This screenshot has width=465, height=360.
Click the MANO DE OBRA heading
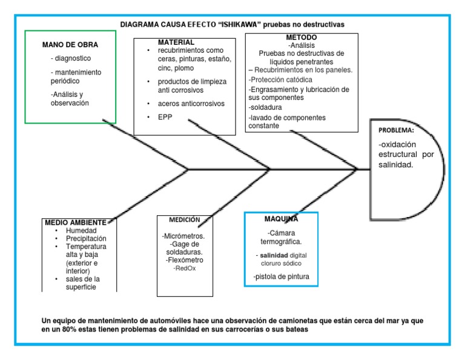pos(70,45)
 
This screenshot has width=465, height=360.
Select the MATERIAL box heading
pos(176,42)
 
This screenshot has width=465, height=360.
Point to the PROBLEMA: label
pos(396,130)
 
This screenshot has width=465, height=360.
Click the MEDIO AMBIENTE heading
pos(76,222)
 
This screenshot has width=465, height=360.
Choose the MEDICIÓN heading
pos(185,219)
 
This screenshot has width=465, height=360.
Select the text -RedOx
pos(185,267)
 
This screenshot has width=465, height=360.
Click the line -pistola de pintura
pos(282,277)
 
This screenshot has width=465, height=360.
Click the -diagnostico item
pos(71,59)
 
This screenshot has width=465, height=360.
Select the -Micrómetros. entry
pos(183,236)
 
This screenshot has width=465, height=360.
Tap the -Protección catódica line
pos(280,79)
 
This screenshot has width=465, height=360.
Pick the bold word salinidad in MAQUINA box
pos(274,255)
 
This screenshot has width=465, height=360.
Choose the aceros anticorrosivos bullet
pos(191,104)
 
